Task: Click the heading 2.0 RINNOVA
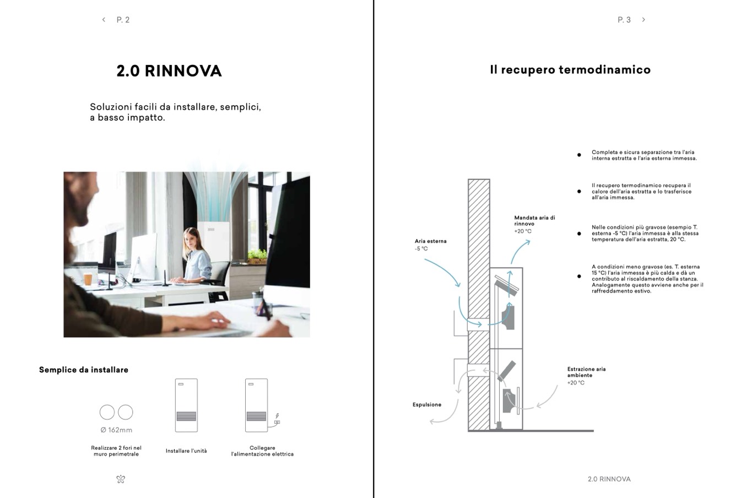169,71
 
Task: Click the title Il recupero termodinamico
570,70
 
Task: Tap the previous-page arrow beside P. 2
104,20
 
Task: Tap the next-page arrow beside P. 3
643,20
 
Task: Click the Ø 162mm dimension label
116,430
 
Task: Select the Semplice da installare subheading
84,370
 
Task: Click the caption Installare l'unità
186,451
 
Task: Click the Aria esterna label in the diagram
431,241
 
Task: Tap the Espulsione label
427,405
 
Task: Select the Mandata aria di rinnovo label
534,220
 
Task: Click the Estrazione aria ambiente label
586,372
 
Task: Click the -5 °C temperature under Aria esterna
421,249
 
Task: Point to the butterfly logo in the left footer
121,479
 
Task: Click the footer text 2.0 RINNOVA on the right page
609,479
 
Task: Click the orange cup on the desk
88,279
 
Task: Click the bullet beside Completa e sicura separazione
579,155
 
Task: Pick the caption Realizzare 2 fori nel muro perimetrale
116,451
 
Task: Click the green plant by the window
257,255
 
